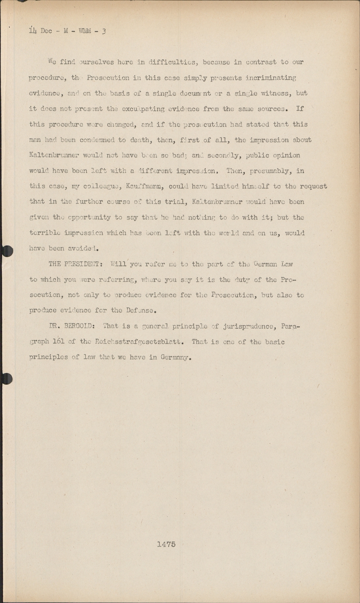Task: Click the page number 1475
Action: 166,544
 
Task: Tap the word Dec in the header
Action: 46,31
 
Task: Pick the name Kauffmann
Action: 144,187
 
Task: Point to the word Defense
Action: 141,311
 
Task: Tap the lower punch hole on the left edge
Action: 6,378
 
